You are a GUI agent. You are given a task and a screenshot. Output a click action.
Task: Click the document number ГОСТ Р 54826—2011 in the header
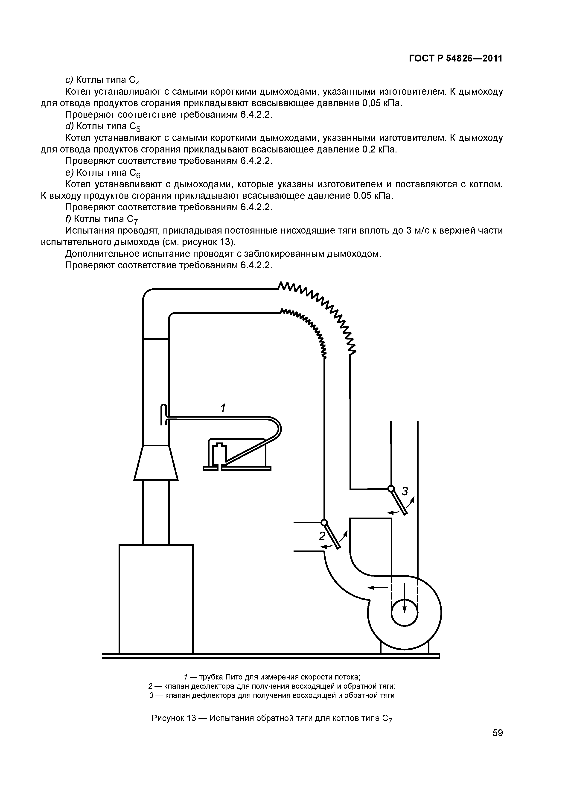456,59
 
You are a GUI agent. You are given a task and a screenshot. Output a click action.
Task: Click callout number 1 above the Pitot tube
223,408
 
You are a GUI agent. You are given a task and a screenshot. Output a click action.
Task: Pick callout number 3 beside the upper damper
405,491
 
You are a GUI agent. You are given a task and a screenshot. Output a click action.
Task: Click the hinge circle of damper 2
324,522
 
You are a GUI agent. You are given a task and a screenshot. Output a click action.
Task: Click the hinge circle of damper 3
391,489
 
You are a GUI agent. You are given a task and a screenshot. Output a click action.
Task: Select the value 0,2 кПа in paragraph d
379,149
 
